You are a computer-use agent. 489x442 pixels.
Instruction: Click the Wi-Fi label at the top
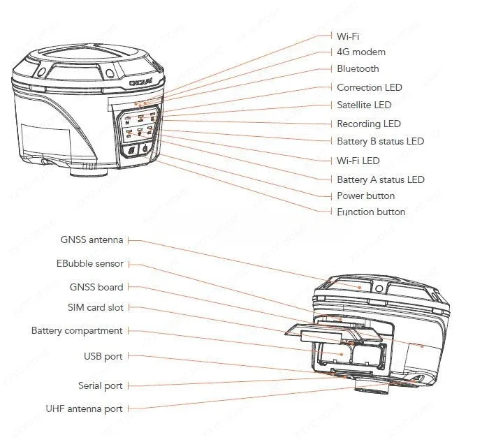pos(348,36)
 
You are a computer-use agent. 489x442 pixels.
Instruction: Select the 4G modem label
pos(360,52)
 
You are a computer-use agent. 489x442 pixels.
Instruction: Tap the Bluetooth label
pos(358,68)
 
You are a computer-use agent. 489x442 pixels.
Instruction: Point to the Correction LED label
pos(369,88)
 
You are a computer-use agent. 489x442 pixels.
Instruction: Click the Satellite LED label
pos(364,105)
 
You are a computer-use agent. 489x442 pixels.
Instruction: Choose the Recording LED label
pos(368,124)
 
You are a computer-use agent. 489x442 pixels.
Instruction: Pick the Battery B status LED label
pos(380,142)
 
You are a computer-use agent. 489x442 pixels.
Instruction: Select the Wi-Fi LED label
pos(358,161)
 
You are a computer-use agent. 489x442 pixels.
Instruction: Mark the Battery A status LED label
pos(380,179)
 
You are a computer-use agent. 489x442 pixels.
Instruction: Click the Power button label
pos(365,196)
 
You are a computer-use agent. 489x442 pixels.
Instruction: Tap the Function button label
pos(370,212)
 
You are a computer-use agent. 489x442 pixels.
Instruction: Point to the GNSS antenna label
pos(92,240)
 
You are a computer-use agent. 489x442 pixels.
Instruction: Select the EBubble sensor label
pos(90,264)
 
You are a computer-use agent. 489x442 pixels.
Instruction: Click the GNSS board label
pos(96,287)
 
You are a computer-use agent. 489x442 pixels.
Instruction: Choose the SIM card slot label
pos(95,307)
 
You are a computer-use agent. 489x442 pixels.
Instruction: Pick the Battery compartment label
pos(77,331)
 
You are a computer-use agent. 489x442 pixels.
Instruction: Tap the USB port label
pos(103,357)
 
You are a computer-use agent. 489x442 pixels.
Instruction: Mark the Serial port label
pos(100,386)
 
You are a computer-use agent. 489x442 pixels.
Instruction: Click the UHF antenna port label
pos(85,409)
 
